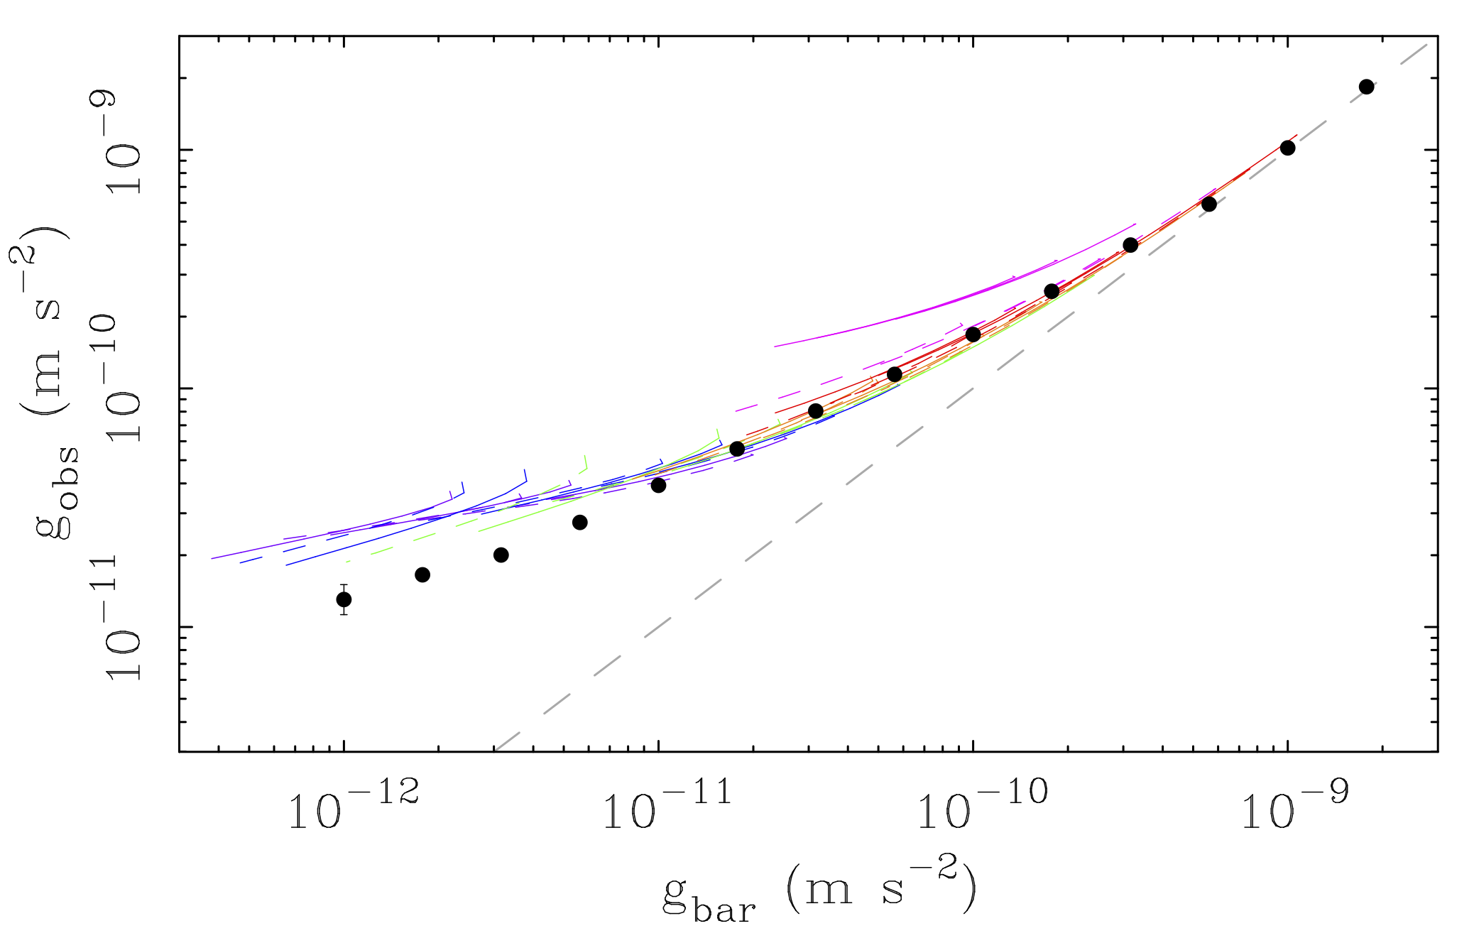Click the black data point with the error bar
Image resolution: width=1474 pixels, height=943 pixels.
[344, 599]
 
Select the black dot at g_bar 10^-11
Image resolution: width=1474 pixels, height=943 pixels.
[658, 485]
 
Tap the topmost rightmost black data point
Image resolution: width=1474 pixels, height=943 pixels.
[1366, 87]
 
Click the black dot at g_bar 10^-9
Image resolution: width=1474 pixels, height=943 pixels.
[1287, 148]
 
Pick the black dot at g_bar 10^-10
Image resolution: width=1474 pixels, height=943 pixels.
[973, 334]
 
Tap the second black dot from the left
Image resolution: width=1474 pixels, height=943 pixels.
[422, 574]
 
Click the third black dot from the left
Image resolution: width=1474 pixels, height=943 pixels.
[501, 555]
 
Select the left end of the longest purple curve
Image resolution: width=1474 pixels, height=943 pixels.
[213, 558]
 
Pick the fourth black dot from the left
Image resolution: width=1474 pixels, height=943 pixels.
[580, 522]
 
